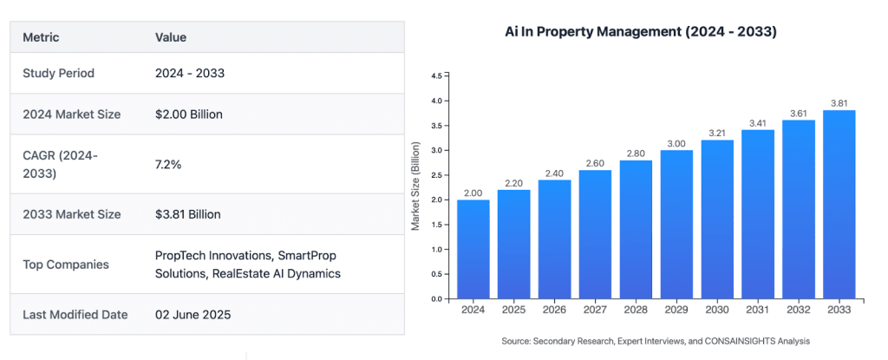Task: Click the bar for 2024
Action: click(x=473, y=249)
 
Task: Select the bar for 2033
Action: click(x=839, y=205)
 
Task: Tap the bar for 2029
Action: click(x=676, y=225)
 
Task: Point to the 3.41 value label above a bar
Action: click(x=757, y=122)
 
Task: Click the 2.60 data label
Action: click(x=594, y=162)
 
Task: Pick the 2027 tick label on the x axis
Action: click(x=594, y=309)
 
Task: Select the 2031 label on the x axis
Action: click(x=757, y=309)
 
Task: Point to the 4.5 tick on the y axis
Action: click(x=436, y=76)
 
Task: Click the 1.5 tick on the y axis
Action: click(x=436, y=225)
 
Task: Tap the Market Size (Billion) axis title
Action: click(x=416, y=187)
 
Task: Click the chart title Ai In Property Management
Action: click(x=640, y=32)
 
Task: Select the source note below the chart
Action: click(x=656, y=340)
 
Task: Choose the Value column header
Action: click(x=171, y=37)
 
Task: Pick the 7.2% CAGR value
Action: click(x=168, y=163)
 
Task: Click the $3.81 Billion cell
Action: click(x=187, y=214)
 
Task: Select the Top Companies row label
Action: click(x=66, y=265)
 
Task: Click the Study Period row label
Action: click(x=58, y=73)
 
